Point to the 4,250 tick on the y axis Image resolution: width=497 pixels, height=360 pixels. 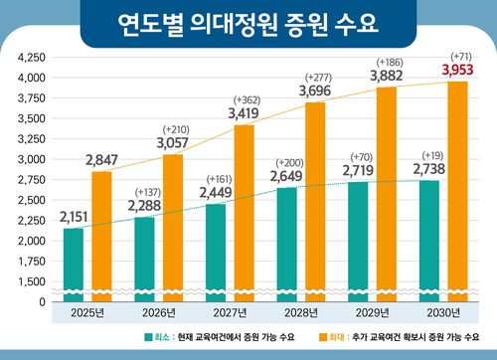pyautogui.click(x=32, y=58)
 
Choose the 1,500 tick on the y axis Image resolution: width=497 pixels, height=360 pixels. pyautogui.click(x=32, y=282)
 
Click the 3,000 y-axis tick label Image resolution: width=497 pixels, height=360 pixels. pyautogui.click(x=32, y=159)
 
